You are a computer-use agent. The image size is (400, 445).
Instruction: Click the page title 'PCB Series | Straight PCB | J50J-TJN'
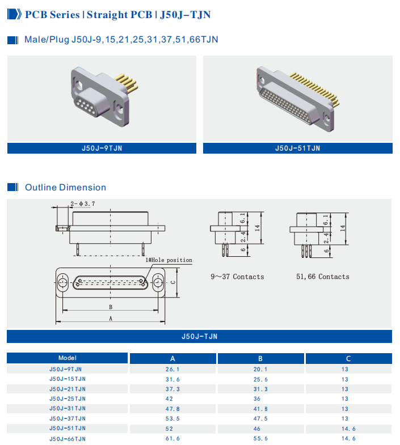117,15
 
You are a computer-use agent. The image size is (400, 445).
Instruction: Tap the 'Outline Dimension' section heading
65,188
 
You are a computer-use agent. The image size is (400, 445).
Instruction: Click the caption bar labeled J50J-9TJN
102,148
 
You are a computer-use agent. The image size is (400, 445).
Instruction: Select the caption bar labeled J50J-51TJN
297,148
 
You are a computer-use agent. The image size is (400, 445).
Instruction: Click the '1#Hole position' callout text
169,260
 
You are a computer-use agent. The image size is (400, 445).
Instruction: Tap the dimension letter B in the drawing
111,307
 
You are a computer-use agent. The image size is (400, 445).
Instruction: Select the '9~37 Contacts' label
237,277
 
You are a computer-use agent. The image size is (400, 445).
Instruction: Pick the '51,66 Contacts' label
323,277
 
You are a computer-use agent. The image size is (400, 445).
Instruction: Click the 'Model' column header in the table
68,358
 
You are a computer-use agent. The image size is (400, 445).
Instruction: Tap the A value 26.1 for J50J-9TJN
172,369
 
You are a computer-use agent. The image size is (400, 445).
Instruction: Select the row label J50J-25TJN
68,399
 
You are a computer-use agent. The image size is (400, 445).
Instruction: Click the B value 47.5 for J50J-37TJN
260,418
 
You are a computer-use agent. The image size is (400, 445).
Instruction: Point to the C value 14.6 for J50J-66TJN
348,438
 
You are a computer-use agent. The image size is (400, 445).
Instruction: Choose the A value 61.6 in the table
172,438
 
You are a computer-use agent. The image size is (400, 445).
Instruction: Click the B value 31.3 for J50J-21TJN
260,389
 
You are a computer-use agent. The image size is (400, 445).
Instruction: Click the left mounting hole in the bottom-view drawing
62,282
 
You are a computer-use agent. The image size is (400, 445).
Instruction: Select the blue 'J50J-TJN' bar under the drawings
199,336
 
